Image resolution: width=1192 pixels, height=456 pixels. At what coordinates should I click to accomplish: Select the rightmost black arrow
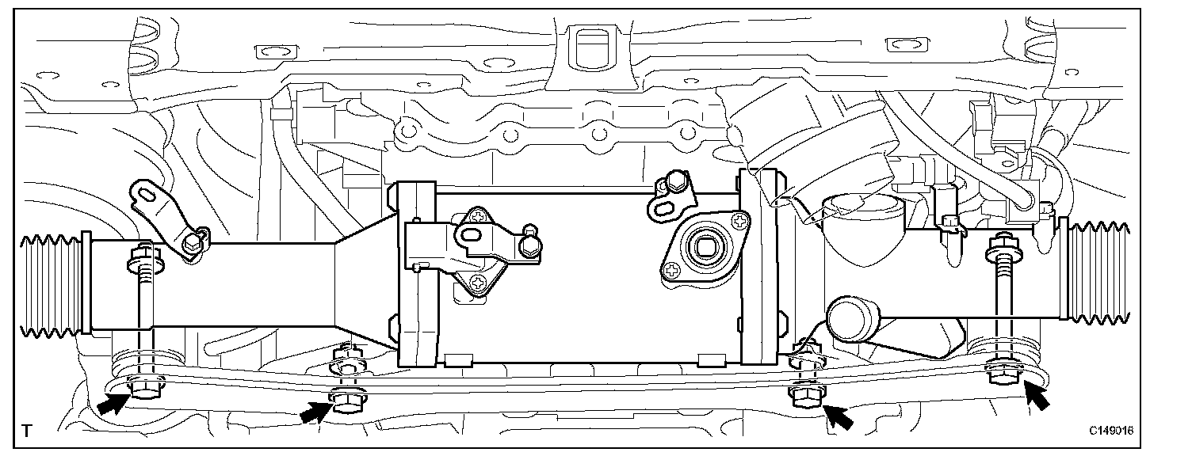(1037, 393)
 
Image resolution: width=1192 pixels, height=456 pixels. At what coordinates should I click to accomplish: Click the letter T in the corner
(28, 431)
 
